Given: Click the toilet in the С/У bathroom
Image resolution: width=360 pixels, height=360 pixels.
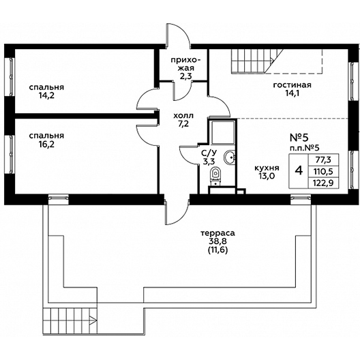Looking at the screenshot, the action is pos(215,177).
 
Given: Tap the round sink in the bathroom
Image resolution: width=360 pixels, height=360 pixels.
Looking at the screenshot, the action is pos(229,157).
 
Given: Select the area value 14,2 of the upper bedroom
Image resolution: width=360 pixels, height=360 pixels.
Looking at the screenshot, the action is pos(46,95).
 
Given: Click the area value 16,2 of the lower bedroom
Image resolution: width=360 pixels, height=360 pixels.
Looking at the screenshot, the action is pos(46,144).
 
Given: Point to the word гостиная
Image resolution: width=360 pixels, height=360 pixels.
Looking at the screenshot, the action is pos(292,85).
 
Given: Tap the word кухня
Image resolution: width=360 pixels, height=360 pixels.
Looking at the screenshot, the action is pos(267,168).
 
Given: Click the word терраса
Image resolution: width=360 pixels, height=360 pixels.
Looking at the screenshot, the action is pos(218,233).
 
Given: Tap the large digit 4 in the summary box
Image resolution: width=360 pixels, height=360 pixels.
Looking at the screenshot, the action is pos(299,171).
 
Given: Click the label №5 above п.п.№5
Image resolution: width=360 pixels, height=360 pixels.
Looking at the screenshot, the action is pos(299,138).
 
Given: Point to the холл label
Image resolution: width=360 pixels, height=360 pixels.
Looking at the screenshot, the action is pos(183,115).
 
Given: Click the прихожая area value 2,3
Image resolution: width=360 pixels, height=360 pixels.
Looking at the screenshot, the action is pos(185,76).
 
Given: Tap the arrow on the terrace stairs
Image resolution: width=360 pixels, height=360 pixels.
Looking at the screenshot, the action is pos(93,320).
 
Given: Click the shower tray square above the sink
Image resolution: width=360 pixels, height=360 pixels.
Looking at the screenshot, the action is pos(223,132).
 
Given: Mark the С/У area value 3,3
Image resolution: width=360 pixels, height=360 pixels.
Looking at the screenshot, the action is pos(209,161).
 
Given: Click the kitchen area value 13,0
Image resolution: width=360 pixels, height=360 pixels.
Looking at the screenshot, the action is pos(267,176).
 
